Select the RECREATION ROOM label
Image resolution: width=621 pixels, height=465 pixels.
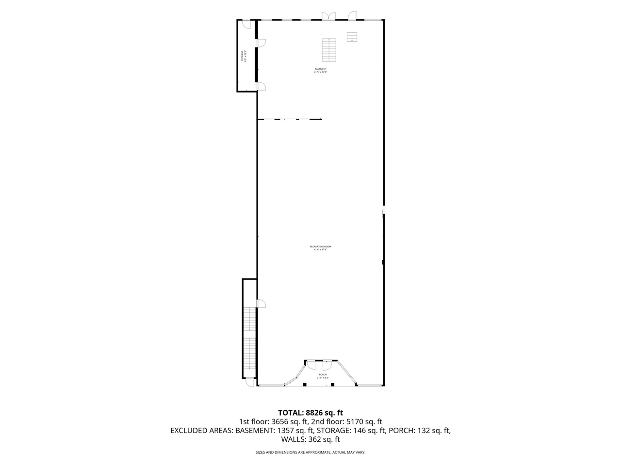pyautogui.click(x=320, y=248)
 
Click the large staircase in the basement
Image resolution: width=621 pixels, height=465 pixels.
pyautogui.click(x=329, y=49)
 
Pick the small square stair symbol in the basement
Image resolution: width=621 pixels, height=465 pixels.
pyautogui.click(x=352, y=37)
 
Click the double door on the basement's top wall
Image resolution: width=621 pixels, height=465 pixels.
pyautogui.click(x=328, y=16)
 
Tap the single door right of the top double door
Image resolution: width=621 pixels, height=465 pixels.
pyautogui.click(x=352, y=16)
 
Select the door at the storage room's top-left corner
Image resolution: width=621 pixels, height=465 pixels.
pyautogui.click(x=246, y=22)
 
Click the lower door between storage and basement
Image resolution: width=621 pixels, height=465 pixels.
pyautogui.click(x=261, y=86)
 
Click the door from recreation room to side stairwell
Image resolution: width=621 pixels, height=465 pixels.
pyautogui.click(x=261, y=304)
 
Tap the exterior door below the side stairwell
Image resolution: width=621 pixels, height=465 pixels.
pyautogui.click(x=249, y=382)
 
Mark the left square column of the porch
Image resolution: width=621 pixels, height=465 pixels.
pyautogui.click(x=304, y=385)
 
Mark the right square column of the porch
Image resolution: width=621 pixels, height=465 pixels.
pyautogui.click(x=333, y=385)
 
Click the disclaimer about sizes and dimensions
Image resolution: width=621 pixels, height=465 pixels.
pyautogui.click(x=310, y=452)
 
